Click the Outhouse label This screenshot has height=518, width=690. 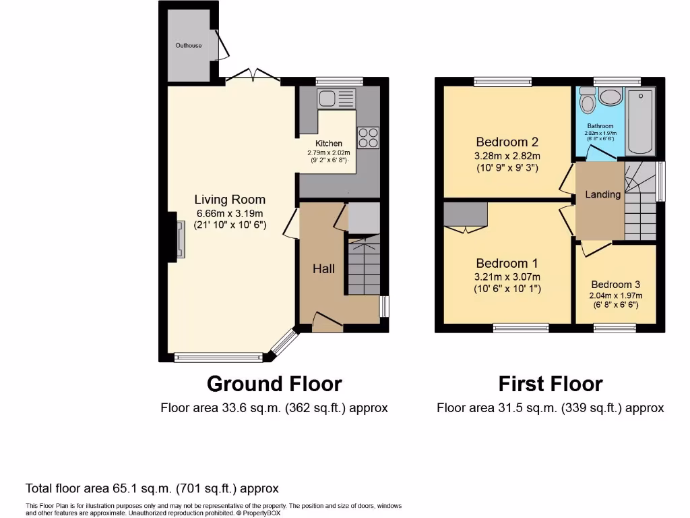189,45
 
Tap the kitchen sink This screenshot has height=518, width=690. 336,99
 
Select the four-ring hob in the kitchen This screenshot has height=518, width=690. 368,138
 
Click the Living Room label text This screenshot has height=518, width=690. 230,200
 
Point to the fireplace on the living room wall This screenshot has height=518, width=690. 179,240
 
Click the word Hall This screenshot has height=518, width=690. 323,268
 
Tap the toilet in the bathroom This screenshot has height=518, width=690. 588,104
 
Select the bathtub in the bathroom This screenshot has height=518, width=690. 639,120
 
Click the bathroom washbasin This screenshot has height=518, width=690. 610,96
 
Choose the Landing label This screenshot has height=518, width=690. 602,194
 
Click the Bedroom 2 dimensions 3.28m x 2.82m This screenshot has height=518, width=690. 507,156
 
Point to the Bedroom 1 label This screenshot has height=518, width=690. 507,263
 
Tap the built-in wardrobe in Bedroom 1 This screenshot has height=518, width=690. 466,214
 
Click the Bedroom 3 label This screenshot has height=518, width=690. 617,285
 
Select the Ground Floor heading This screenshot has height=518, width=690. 274,384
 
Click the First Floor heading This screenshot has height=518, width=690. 550,384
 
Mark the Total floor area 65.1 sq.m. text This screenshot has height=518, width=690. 152,488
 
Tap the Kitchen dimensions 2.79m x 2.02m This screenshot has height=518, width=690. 329,153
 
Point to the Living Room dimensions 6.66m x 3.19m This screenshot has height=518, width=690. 230,213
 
